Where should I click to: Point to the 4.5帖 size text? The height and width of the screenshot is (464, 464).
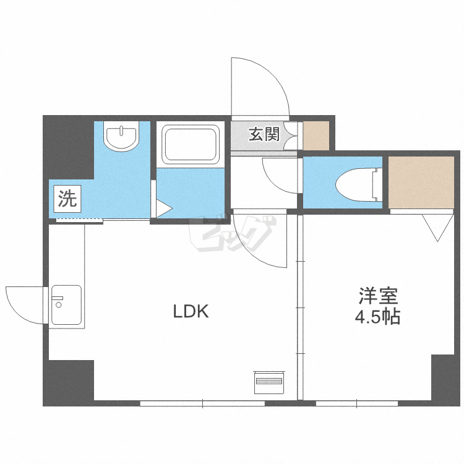coord(377,317)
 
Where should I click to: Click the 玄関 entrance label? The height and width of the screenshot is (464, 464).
coord(264,134)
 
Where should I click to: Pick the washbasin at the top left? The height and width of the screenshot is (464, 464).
coord(121,137)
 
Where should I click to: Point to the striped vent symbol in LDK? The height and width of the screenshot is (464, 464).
coord(269,382)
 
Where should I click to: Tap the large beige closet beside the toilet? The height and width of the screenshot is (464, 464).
coord(421,183)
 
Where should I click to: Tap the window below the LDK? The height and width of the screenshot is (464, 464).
coord(203,403)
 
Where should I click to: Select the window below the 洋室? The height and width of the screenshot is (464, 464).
coord(356,403)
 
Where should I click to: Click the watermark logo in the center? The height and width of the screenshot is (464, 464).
coord(232,235)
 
